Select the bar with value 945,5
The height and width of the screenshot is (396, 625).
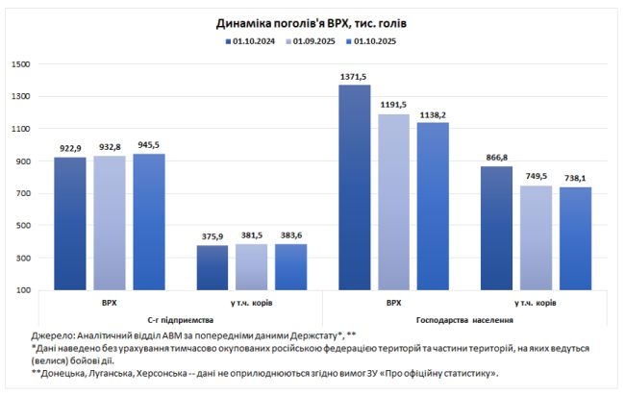149,221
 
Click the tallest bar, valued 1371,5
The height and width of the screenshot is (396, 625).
355,186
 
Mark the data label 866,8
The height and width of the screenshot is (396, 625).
497,157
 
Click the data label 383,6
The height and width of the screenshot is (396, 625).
291,235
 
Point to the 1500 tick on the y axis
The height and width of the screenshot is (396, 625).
22,64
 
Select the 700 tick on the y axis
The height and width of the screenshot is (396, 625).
25,194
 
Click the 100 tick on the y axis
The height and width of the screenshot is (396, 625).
25,290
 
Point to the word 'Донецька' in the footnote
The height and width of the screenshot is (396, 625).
68,373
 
